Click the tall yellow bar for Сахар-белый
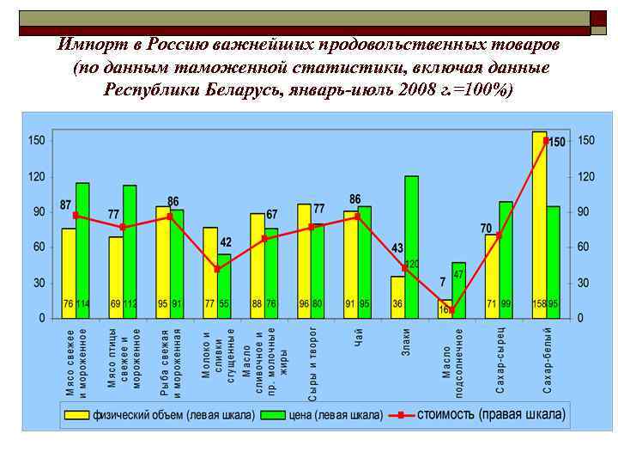539,223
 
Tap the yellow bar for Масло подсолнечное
445,308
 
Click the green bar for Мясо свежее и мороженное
82,249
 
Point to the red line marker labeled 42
216,269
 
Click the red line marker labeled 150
545,140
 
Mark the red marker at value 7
451,310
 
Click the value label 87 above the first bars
66,205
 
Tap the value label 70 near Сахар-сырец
486,228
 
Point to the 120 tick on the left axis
36,176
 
